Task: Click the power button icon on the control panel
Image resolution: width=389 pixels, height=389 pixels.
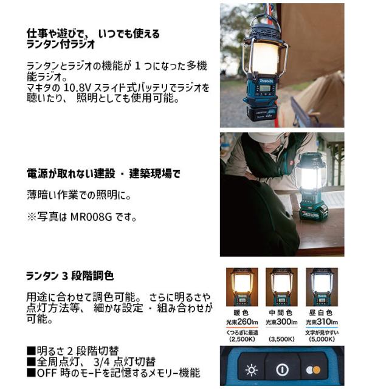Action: click(x=281, y=370)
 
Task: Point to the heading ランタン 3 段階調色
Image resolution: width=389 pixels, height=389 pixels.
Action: click(x=70, y=275)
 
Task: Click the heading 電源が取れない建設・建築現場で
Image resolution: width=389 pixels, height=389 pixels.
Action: click(x=103, y=174)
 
